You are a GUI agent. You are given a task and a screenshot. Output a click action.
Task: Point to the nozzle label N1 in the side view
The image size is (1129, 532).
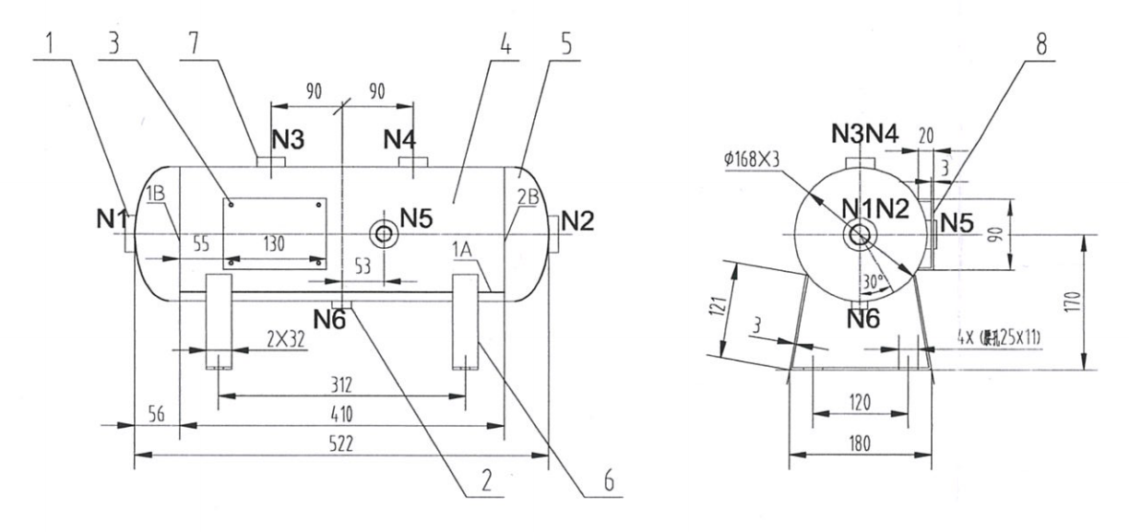pos(112,221)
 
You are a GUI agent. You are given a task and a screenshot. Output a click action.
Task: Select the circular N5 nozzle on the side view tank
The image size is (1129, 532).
pos(381,234)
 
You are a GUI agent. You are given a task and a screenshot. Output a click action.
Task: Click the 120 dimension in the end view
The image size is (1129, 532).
pos(860,403)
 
